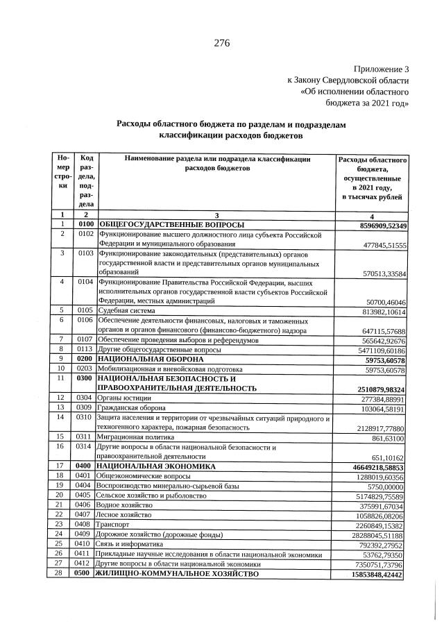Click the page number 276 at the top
click(x=222, y=44)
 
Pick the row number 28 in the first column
click(x=62, y=575)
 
